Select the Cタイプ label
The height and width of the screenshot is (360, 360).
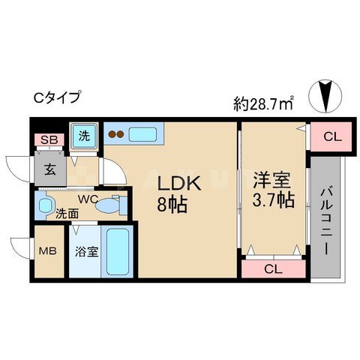55,97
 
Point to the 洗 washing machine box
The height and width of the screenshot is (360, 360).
84,137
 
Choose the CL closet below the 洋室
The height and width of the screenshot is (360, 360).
273,268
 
